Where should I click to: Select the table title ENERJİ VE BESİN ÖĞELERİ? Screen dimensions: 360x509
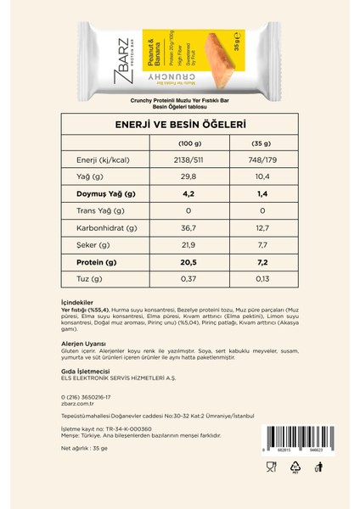[x=180, y=124]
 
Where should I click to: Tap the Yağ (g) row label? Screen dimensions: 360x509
[x=89, y=176]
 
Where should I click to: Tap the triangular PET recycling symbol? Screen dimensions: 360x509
[x=295, y=467]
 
